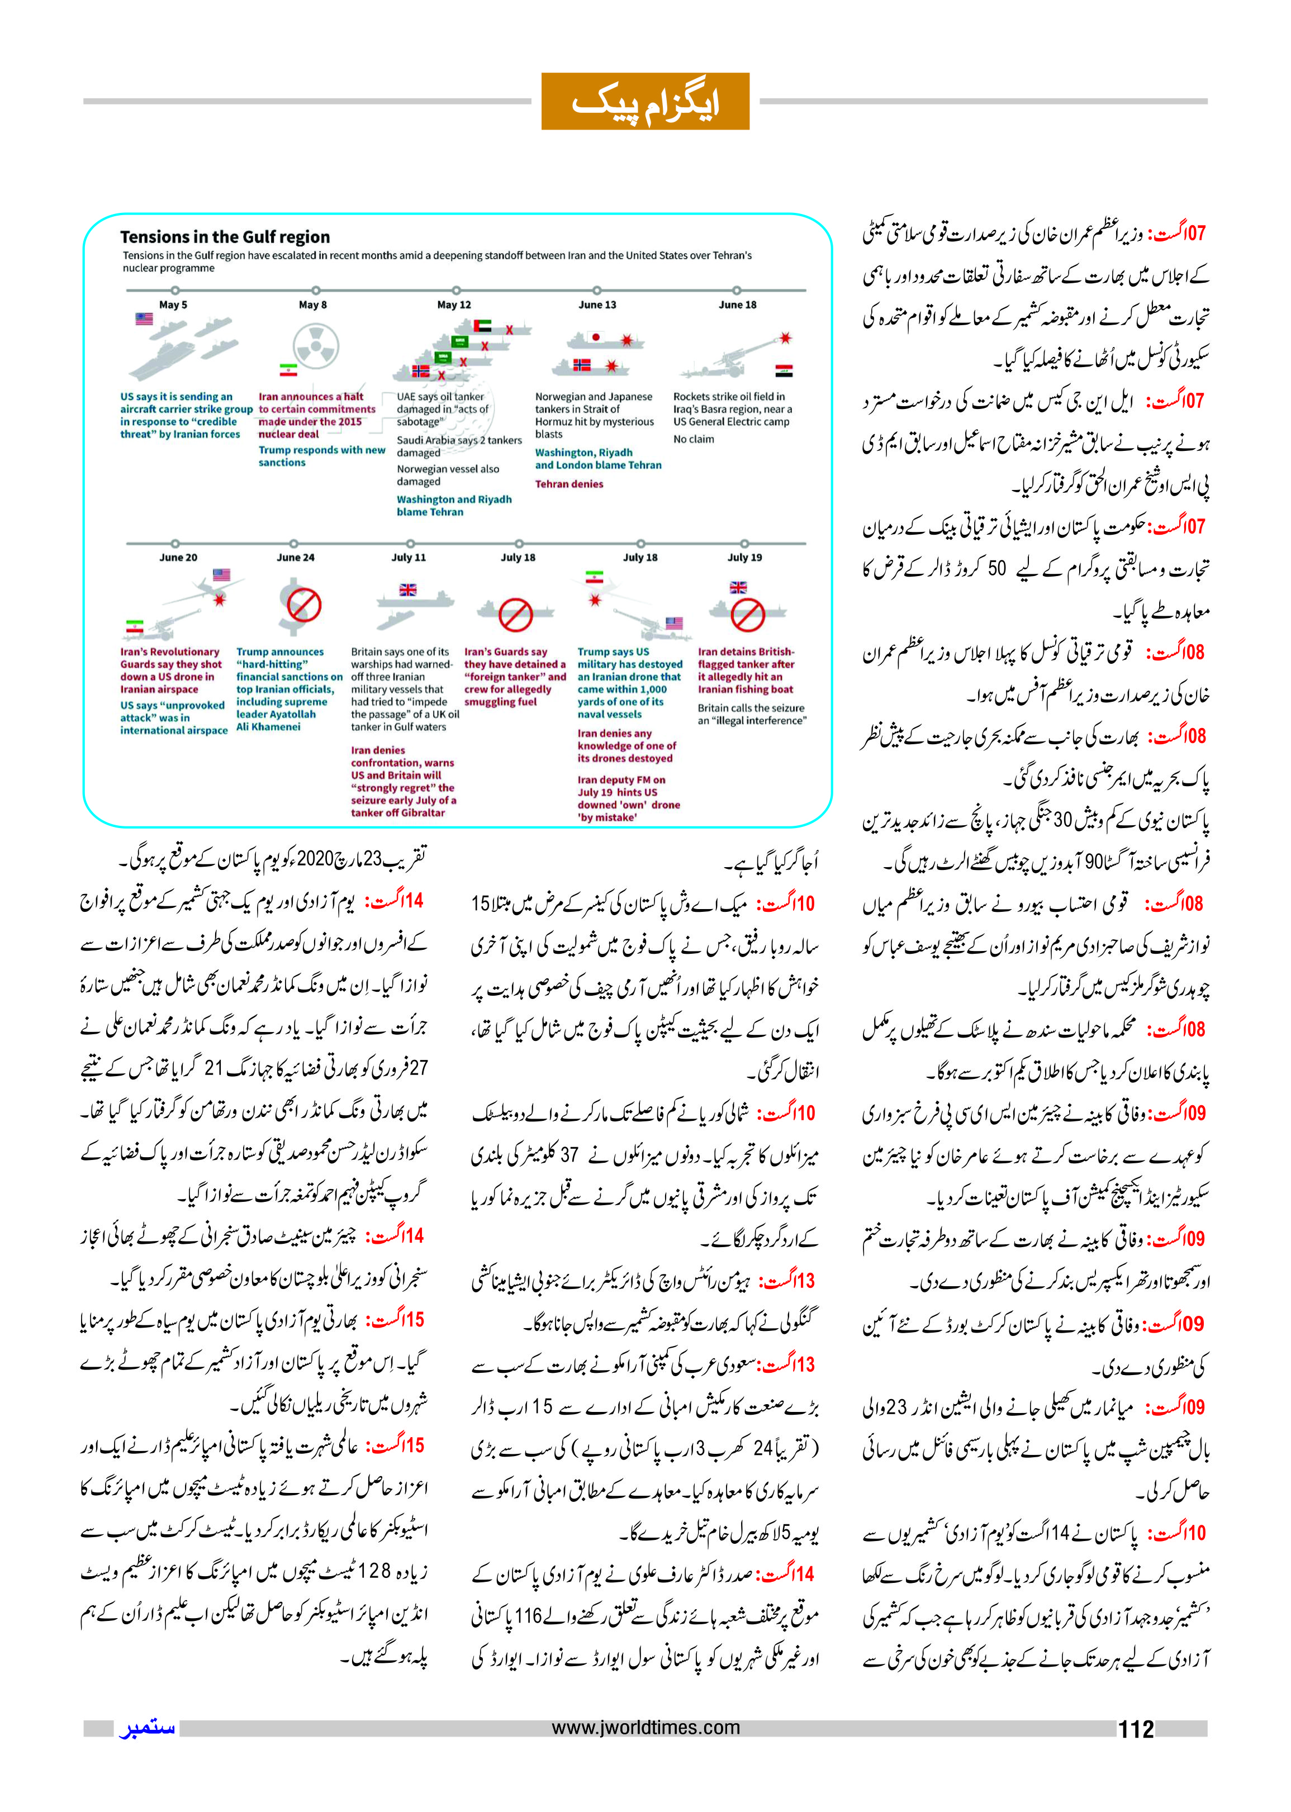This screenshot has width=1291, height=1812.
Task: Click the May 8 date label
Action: [x=312, y=305]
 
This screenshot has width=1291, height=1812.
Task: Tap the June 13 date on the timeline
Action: [x=597, y=305]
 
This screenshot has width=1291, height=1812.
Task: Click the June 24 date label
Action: [x=295, y=557]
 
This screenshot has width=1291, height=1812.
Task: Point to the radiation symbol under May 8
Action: [x=316, y=346]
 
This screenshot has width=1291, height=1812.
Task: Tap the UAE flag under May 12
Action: [x=482, y=326]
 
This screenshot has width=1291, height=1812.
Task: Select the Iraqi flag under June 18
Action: [x=783, y=370]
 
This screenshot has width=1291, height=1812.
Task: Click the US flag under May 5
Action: [x=144, y=318]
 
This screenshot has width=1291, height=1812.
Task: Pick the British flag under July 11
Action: [x=408, y=589]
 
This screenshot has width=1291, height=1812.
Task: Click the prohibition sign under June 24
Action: [x=303, y=606]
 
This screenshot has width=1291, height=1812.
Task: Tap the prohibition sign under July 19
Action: [x=747, y=614]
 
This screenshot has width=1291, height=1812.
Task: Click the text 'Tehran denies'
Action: [x=568, y=484]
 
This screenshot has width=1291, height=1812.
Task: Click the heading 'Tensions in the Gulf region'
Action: [x=225, y=237]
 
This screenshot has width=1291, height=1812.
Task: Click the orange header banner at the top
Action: [x=645, y=101]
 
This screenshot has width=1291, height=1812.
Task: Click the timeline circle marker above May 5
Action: [x=175, y=290]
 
